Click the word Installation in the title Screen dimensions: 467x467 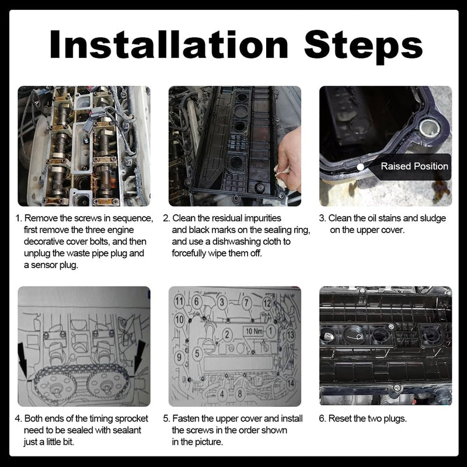point(169,44)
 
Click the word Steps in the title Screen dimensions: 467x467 point(363,47)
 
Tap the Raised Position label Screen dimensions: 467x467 point(414,166)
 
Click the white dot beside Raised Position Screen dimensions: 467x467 point(360,167)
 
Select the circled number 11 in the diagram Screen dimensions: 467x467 point(180,301)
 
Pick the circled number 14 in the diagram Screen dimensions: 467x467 point(290,383)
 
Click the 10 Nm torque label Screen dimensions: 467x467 point(254,331)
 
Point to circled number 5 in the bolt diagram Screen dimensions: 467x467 point(197,354)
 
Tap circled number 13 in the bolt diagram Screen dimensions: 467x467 point(290,335)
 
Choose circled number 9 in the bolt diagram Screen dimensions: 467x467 point(179,357)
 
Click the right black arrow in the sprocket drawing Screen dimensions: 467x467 point(140,357)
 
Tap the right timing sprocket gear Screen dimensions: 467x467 point(106,384)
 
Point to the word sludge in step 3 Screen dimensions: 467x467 point(433,219)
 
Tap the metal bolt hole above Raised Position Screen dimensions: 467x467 point(430,128)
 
